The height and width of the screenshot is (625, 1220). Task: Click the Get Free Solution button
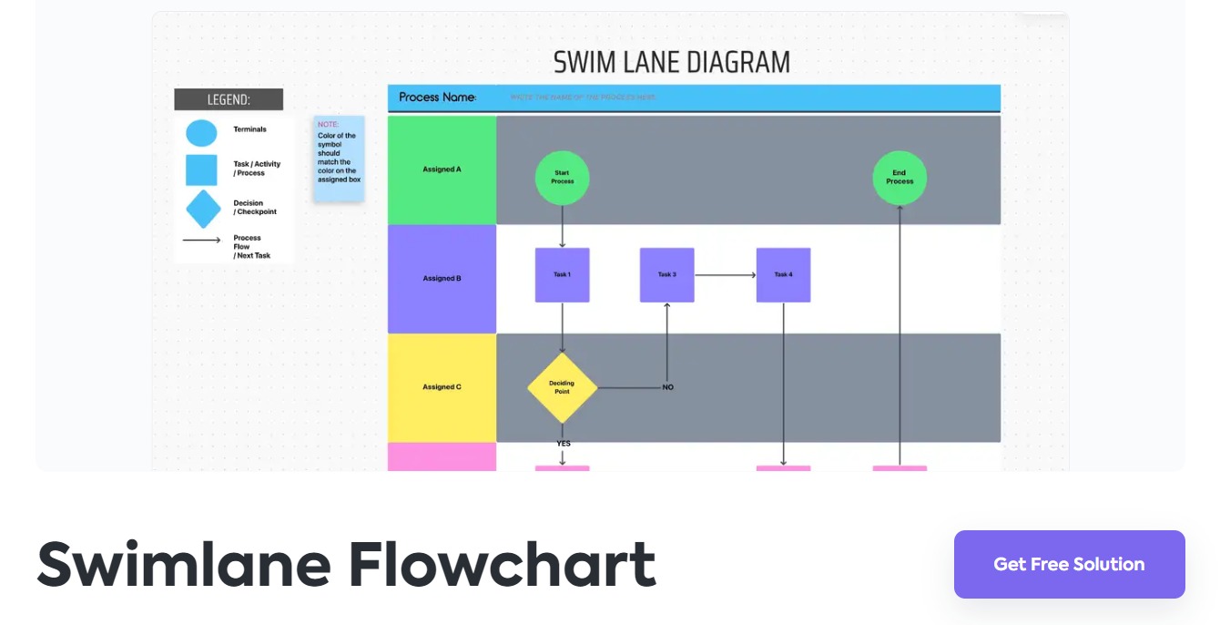[1069, 564]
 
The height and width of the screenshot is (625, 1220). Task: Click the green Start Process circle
[562, 178]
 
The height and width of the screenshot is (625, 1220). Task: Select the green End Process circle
[900, 178]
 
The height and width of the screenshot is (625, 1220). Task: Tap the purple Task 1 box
[562, 275]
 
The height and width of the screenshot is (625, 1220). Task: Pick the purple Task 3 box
[666, 275]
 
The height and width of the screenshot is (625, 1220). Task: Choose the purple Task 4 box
[783, 275]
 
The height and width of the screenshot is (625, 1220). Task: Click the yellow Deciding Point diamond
[562, 388]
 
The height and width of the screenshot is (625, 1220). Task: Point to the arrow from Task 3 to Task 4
[726, 275]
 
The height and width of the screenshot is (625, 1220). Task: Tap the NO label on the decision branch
[667, 387]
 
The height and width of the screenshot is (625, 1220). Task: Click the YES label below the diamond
[564, 444]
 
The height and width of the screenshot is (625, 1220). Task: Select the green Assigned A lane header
[442, 169]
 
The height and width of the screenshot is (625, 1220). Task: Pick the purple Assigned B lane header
[442, 279]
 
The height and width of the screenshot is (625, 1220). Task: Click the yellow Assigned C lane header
[442, 387]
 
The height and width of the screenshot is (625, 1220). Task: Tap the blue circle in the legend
[201, 133]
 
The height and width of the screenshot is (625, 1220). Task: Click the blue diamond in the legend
[203, 209]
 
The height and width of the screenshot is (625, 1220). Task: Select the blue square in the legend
[201, 170]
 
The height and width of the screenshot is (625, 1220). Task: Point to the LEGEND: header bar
[229, 99]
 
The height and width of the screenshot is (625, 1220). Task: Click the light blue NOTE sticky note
[339, 158]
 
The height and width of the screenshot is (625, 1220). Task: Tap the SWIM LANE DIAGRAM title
[672, 62]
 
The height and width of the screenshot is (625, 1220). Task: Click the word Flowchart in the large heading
[502, 565]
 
